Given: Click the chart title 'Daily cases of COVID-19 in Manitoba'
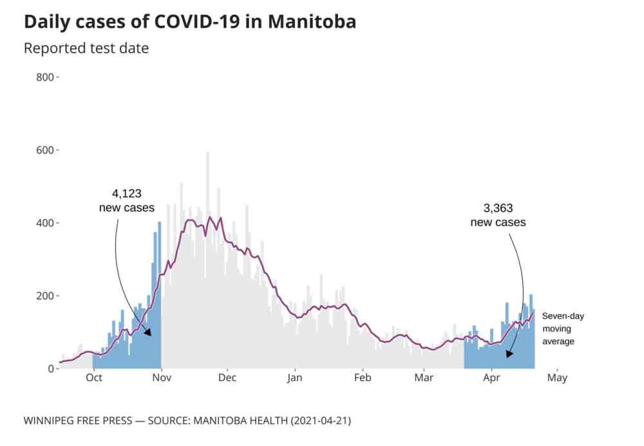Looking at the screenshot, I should [189, 21].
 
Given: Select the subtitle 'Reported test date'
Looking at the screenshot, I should [86, 48].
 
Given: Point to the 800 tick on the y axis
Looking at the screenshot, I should [47, 77].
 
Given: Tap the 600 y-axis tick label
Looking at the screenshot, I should [47, 150].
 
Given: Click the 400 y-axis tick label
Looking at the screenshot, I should [47, 223].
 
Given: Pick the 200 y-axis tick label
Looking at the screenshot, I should [47, 295].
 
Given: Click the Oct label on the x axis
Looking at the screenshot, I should [94, 378].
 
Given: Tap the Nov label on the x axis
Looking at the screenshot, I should [161, 378].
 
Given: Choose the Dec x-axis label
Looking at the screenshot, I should [227, 378].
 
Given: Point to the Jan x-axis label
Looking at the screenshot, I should [295, 378].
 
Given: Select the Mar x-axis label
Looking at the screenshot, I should [424, 378].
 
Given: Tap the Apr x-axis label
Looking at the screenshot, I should [491, 378].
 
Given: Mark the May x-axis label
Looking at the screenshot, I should [557, 378].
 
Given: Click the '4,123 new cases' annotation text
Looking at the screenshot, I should [126, 200].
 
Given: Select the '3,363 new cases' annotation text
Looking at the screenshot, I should [498, 215].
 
